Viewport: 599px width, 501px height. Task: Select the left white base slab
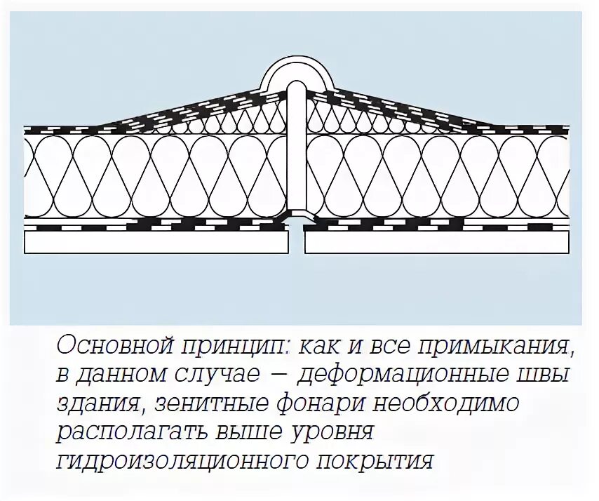157,242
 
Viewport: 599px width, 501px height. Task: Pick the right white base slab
436,242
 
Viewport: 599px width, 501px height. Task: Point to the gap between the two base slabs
297,242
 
